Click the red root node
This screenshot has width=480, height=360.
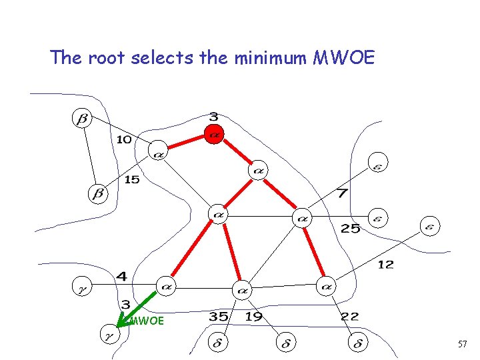(213, 133)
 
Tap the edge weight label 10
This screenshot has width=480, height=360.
(124, 139)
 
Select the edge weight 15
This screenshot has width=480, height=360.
(132, 179)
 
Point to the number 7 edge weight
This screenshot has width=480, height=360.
(341, 193)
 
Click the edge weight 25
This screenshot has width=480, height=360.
(351, 229)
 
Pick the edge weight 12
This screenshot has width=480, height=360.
(385, 265)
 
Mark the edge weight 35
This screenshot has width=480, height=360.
(219, 317)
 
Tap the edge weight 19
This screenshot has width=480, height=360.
(254, 317)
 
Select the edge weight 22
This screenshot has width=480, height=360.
(350, 317)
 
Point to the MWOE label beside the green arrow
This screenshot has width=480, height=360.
(146, 321)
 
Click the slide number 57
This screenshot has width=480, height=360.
(463, 343)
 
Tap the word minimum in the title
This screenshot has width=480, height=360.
(271, 58)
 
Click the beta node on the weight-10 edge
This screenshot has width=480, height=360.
(83, 119)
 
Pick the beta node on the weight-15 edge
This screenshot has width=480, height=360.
(97, 194)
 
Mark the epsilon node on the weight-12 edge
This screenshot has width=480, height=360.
(430, 226)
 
